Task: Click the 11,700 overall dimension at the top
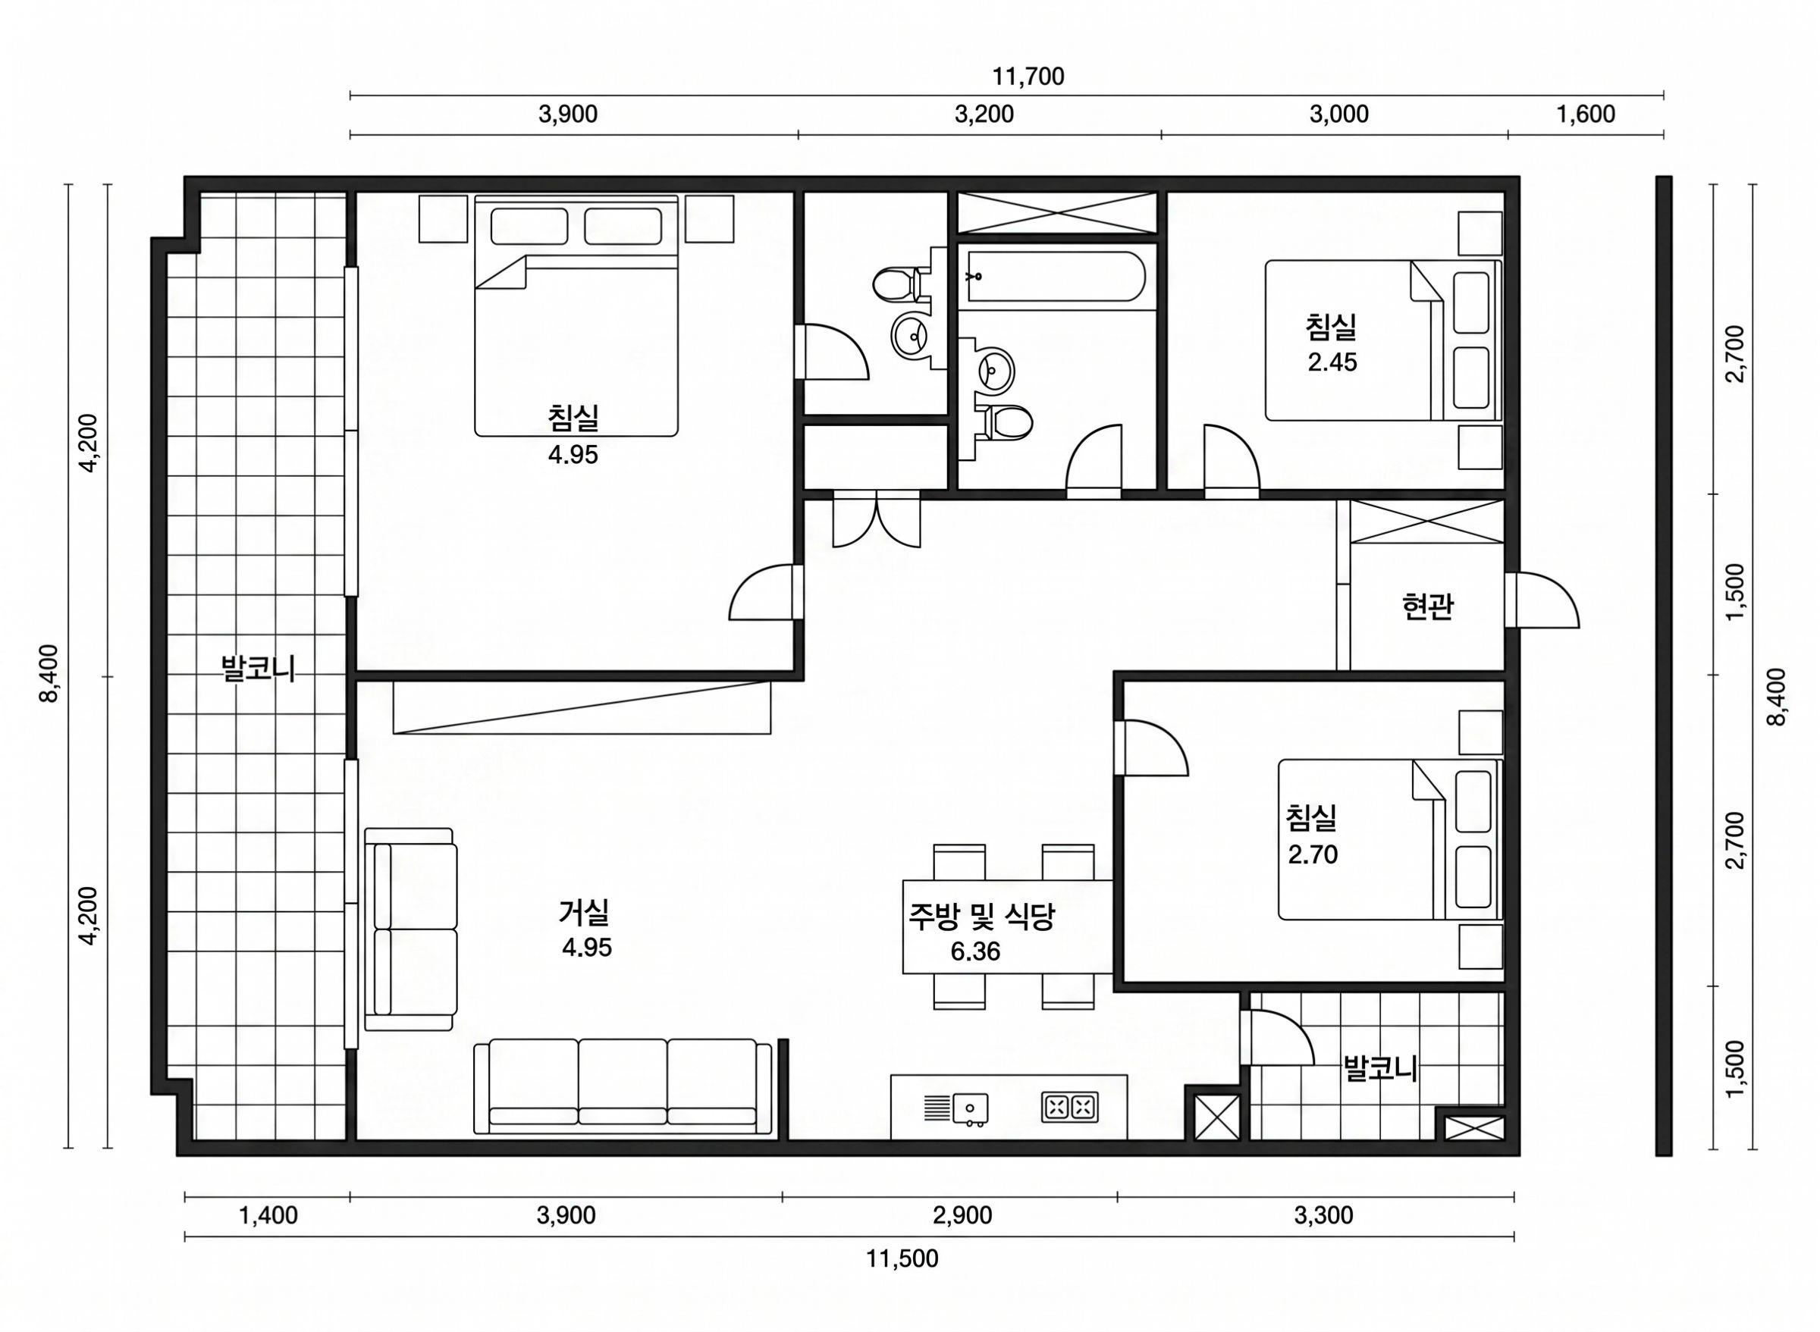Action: (1028, 77)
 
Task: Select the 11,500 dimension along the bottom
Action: (902, 1258)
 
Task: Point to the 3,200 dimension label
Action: (984, 114)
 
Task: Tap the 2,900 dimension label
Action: (962, 1215)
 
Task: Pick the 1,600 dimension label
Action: (1586, 114)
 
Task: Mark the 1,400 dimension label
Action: (268, 1215)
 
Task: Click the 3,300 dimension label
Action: (1323, 1215)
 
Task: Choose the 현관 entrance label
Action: (1427, 606)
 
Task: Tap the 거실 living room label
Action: (584, 912)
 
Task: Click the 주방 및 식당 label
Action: (981, 916)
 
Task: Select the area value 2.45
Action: (1332, 362)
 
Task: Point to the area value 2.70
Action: (1312, 854)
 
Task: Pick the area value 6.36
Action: (975, 952)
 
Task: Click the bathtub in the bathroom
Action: (1056, 276)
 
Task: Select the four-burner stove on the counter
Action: (1070, 1107)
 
